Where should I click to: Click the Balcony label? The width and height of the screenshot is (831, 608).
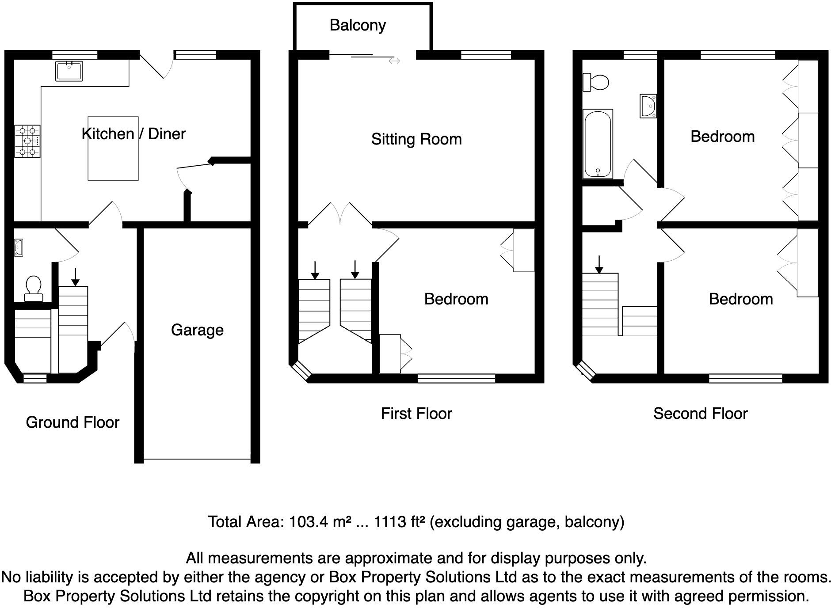(x=357, y=25)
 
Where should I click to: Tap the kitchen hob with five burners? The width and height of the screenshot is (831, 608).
(x=27, y=141)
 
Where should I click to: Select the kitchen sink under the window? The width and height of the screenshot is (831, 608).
(x=69, y=71)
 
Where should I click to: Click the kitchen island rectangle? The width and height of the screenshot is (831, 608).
(x=113, y=148)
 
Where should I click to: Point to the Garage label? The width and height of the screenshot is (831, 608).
(x=197, y=330)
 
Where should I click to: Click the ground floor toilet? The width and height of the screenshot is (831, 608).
(x=34, y=288)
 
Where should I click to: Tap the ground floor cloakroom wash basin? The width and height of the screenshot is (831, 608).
(x=18, y=247)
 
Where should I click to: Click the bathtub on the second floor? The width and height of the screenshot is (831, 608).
(x=598, y=144)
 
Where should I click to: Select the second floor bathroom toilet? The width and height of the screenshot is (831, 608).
(x=596, y=83)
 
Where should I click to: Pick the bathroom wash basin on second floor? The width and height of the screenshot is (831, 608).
(x=648, y=106)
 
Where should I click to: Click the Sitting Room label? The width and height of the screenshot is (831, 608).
(x=416, y=139)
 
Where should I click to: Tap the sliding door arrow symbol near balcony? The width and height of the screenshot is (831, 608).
(x=394, y=61)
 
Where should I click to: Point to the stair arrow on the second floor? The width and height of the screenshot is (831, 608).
(x=599, y=265)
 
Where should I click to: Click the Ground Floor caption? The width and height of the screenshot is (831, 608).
(x=72, y=422)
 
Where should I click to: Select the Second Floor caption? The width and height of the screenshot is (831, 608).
(x=700, y=414)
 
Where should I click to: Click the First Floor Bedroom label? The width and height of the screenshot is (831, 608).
(x=456, y=299)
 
